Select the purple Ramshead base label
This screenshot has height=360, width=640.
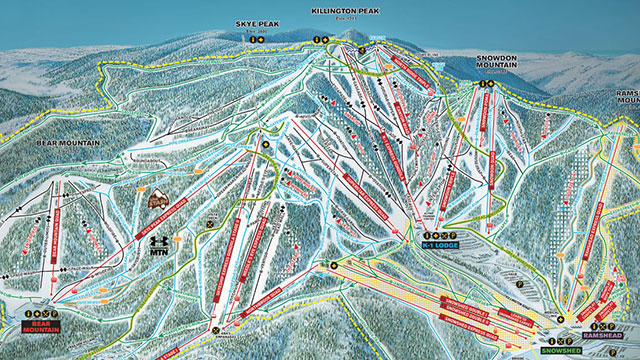602,339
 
